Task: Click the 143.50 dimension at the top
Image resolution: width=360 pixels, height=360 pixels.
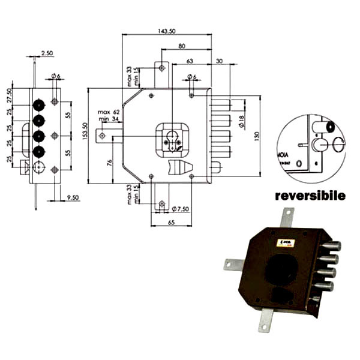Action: click(x=166, y=30)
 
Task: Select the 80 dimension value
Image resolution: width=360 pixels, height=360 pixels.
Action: click(x=181, y=46)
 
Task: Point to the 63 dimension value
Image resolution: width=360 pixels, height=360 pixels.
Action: click(x=190, y=61)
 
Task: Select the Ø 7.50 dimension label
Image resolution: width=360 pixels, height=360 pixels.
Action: click(x=181, y=209)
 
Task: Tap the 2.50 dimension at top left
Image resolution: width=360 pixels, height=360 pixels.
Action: click(x=47, y=53)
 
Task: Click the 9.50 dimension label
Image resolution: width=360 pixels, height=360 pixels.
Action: click(x=74, y=197)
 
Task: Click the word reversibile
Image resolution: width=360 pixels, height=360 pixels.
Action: click(x=310, y=196)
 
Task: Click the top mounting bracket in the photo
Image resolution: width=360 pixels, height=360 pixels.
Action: click(x=287, y=217)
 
